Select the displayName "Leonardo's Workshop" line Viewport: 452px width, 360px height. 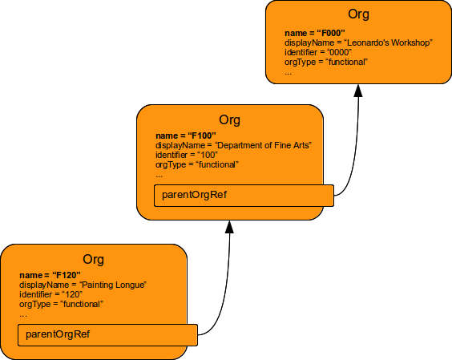[x=358, y=42]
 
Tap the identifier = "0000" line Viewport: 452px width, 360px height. [x=318, y=52]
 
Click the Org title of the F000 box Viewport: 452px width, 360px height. [x=359, y=14]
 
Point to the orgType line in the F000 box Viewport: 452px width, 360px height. [x=325, y=62]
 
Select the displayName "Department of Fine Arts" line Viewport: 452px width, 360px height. [x=232, y=145]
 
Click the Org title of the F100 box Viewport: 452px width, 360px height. [x=229, y=119]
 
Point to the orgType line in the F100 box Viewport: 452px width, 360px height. [x=196, y=164]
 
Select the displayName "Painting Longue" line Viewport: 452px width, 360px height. [x=83, y=285]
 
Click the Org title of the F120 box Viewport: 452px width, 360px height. [x=94, y=259]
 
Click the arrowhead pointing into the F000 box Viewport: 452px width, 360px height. [x=359, y=90]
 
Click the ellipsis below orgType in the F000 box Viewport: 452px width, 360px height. [x=288, y=72]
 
